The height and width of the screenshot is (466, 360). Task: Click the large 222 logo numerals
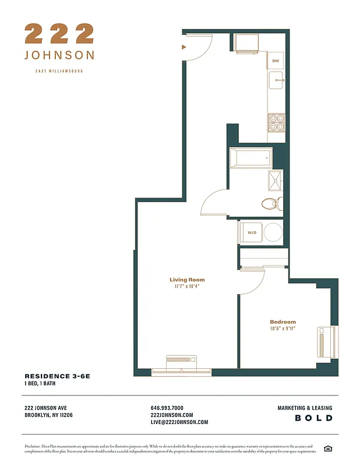pyautogui.click(x=59, y=33)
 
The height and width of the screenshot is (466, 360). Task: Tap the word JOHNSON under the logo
pyautogui.click(x=59, y=55)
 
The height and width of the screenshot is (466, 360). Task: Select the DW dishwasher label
pyautogui.click(x=276, y=61)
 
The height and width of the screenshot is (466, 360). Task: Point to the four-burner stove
pyautogui.click(x=276, y=122)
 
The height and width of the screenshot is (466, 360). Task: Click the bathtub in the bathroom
pyautogui.click(x=250, y=157)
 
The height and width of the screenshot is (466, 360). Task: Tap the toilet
pyautogui.click(x=270, y=203)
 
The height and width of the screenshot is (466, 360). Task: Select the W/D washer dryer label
pyautogui.click(x=252, y=232)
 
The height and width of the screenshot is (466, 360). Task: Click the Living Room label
pyautogui.click(x=187, y=280)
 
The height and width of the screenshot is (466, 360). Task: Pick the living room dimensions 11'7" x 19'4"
pyautogui.click(x=187, y=287)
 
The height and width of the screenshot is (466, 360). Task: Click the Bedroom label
pyautogui.click(x=283, y=322)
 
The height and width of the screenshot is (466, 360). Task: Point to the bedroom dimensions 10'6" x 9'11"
pyautogui.click(x=283, y=329)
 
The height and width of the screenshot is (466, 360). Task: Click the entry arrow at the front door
pyautogui.click(x=184, y=47)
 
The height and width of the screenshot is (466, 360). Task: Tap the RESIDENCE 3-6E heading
pyautogui.click(x=57, y=377)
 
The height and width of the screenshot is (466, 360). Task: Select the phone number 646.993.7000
pyautogui.click(x=167, y=408)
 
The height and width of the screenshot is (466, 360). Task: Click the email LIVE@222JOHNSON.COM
pyautogui.click(x=179, y=422)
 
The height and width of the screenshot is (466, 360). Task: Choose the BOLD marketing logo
pyautogui.click(x=313, y=418)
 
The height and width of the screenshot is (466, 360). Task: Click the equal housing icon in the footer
pyautogui.click(x=328, y=448)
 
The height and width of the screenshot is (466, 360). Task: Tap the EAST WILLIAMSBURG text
pyautogui.click(x=59, y=71)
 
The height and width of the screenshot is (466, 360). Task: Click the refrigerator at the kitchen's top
pyautogui.click(x=246, y=43)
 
